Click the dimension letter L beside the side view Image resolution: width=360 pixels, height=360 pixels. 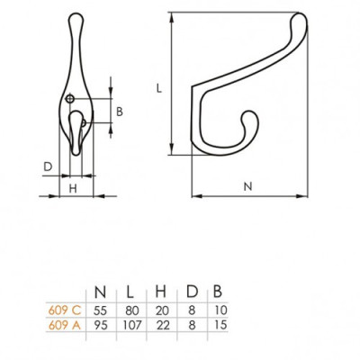158,89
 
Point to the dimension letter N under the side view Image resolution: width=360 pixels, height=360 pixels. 247,185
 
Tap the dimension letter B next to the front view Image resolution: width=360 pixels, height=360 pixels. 120,112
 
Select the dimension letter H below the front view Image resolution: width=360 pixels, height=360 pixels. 72,187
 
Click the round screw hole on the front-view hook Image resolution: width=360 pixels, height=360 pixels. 71,97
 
